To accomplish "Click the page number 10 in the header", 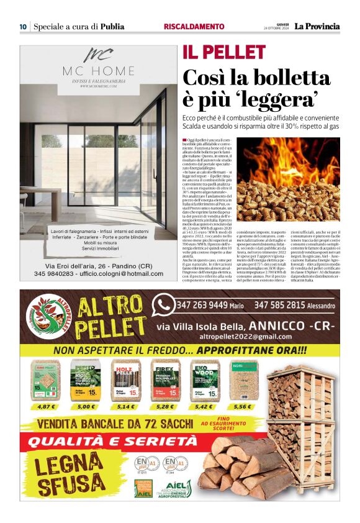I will [x=23, y=27].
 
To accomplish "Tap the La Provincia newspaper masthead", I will [x=317, y=26].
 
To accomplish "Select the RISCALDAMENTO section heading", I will [x=193, y=27].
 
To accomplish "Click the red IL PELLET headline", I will [x=215, y=52].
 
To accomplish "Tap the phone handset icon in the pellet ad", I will [x=164, y=304].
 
